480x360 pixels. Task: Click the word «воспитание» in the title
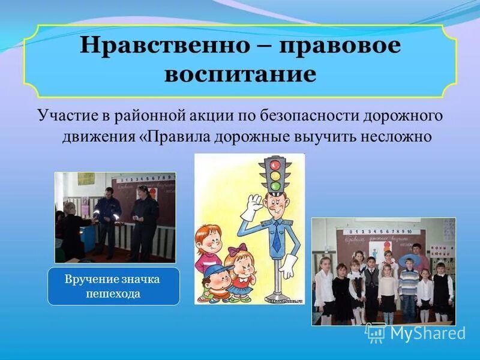click(x=239, y=74)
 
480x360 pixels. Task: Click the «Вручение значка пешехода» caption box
click(x=114, y=286)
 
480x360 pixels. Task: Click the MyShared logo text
click(x=427, y=333)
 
